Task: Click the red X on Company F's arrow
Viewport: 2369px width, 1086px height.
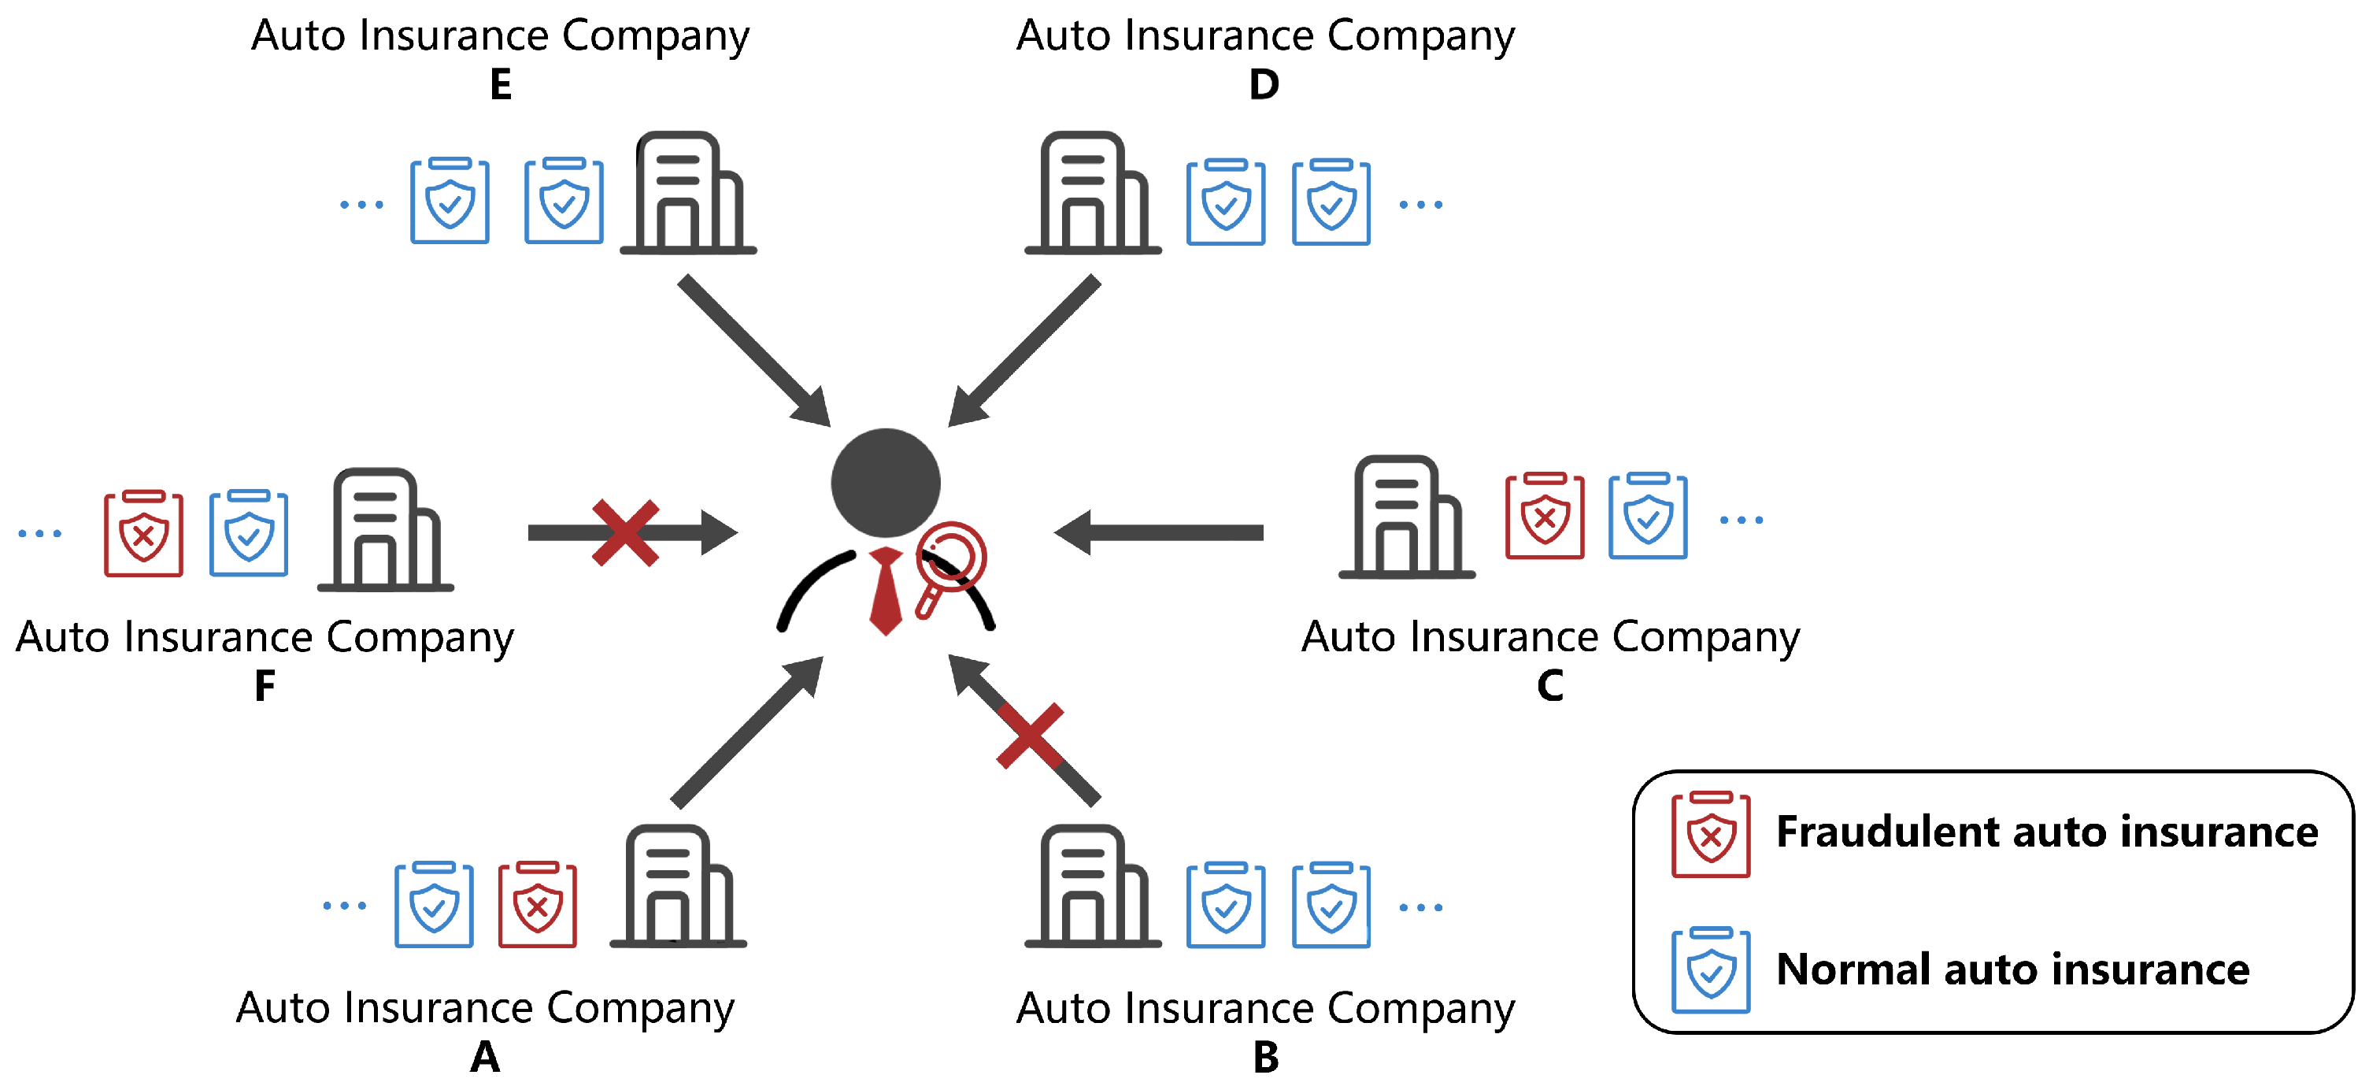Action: tap(625, 533)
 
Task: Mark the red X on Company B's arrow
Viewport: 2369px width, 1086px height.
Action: tap(1030, 736)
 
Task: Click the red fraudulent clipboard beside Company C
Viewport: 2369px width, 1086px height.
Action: tap(1544, 516)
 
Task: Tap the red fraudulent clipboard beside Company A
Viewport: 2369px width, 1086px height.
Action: tap(537, 905)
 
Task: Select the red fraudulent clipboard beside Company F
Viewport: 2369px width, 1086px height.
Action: tap(143, 533)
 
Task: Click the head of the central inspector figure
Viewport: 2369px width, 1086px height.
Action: tap(886, 483)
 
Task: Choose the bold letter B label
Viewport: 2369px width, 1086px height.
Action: tap(1265, 1058)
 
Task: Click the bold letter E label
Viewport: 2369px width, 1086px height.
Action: tap(500, 84)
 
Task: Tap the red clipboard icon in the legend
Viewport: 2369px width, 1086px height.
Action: tap(1711, 834)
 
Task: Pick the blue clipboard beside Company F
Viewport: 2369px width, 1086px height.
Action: tap(248, 533)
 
